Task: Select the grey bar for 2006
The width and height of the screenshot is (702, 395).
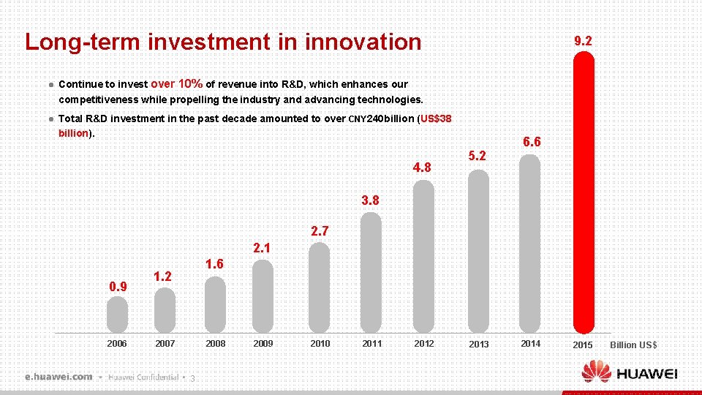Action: click(x=117, y=315)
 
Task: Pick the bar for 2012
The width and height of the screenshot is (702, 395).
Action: click(x=424, y=256)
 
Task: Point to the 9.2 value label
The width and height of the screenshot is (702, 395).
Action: click(x=583, y=42)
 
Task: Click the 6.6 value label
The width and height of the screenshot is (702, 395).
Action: click(x=532, y=142)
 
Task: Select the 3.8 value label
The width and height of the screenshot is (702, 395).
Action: click(x=371, y=200)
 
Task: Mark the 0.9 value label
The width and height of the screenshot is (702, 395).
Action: click(x=118, y=286)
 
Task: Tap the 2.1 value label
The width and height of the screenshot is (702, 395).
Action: click(x=262, y=248)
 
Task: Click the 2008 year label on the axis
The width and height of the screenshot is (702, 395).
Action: click(x=216, y=344)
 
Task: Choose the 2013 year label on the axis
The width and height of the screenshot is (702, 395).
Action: click(x=479, y=345)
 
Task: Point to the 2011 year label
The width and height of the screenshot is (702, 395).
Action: click(x=372, y=344)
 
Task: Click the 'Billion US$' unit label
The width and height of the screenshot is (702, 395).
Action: click(x=633, y=345)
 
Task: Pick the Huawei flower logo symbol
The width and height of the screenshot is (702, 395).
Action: click(x=597, y=372)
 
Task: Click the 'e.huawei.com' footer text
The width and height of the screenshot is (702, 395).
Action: click(x=58, y=377)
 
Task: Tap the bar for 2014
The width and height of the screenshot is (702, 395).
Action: click(x=530, y=245)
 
